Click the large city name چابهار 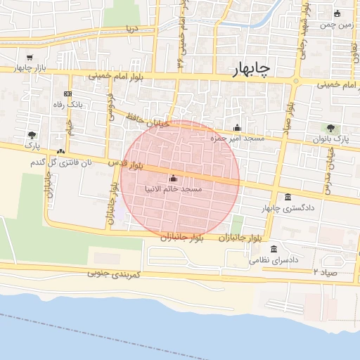(251, 68)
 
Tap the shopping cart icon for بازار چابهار (29, 58)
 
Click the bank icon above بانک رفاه (67, 94)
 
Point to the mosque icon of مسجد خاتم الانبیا (173, 179)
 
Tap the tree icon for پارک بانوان (330, 128)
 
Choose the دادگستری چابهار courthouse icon (288, 198)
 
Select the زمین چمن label (335, 25)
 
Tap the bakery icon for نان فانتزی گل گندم (61, 151)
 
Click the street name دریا (131, 30)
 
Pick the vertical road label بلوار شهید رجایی (301, 49)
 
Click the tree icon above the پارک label (32, 134)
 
